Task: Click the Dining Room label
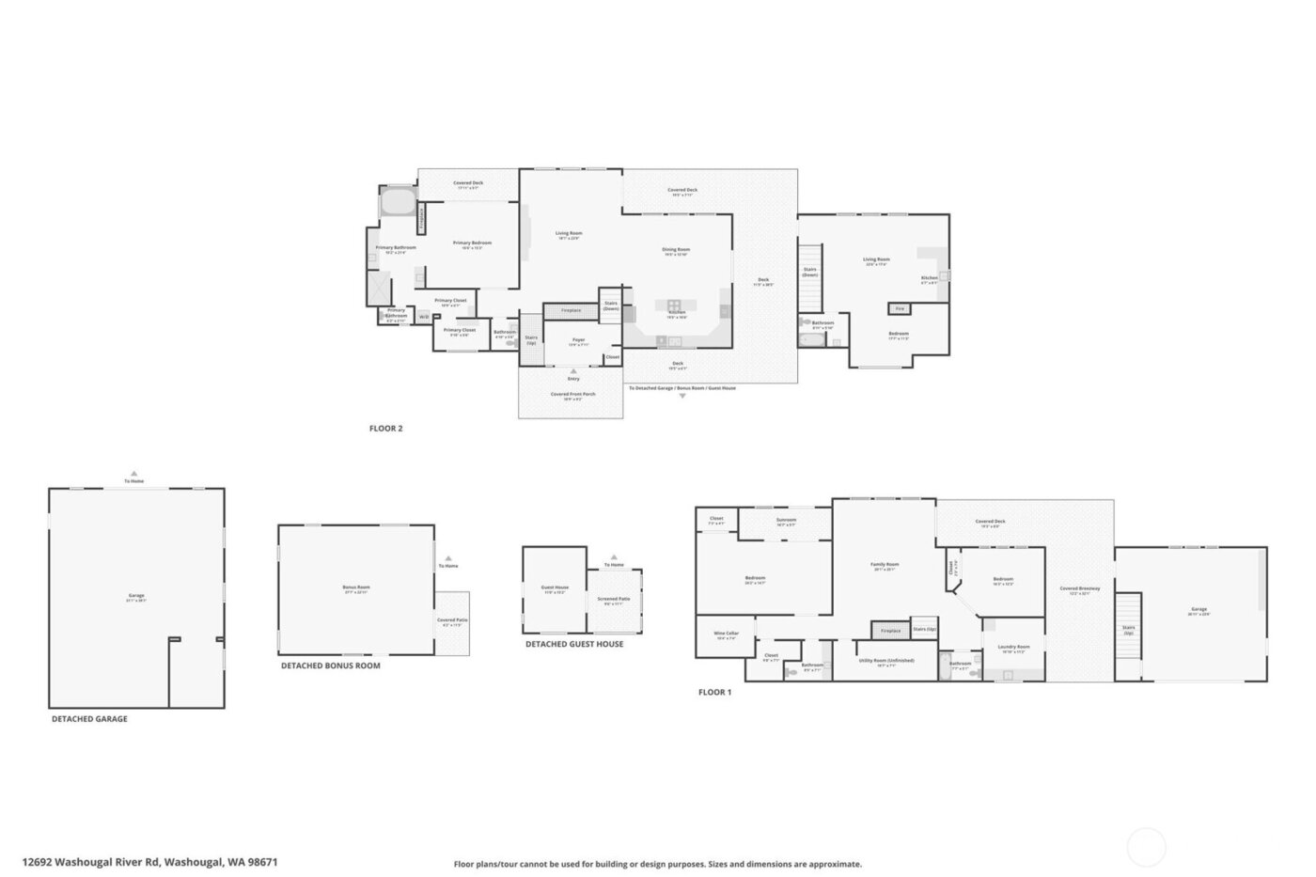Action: [x=676, y=251]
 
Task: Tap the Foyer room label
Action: [x=578, y=341]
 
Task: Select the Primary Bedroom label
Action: [x=472, y=244]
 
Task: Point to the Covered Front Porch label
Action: [x=572, y=396]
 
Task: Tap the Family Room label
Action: [x=885, y=566]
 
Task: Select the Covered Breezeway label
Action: [x=1080, y=590]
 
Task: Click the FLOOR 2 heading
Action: [x=385, y=429]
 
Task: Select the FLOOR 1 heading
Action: [x=714, y=693]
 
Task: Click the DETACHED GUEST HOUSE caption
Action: [x=573, y=645]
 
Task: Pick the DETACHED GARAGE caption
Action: [x=89, y=719]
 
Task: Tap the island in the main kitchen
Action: [x=674, y=305]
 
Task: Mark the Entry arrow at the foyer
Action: [x=572, y=372]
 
